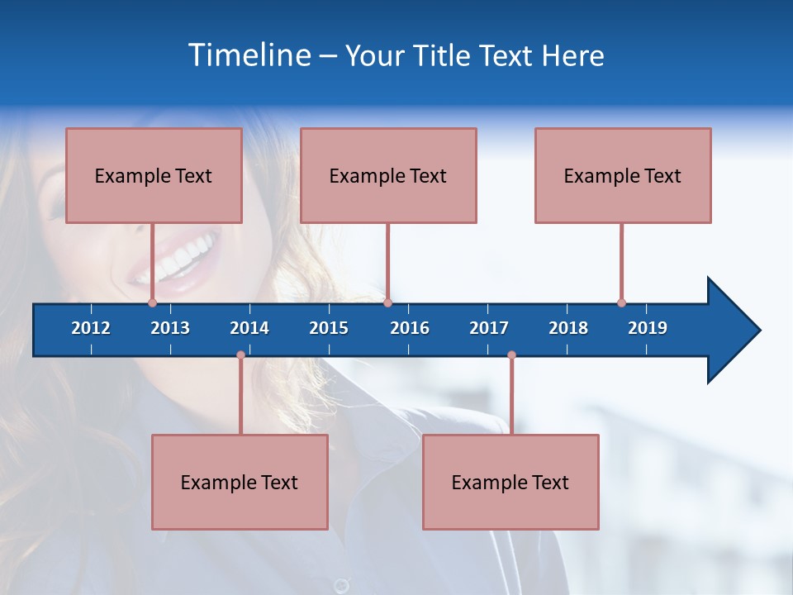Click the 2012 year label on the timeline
[91, 328]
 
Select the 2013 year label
[170, 328]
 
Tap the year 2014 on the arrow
[249, 328]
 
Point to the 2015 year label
[329, 328]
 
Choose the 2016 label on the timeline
[410, 328]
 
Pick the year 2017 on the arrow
[489, 328]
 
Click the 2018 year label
[568, 328]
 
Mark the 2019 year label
[648, 328]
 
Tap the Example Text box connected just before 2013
[154, 176]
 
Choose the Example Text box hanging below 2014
[240, 483]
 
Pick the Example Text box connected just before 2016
[388, 176]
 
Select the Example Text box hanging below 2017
[510, 483]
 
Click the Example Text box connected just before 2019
[623, 176]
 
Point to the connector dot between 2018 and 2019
[621, 302]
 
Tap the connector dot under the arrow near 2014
[240, 355]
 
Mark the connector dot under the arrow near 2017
[511, 355]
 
